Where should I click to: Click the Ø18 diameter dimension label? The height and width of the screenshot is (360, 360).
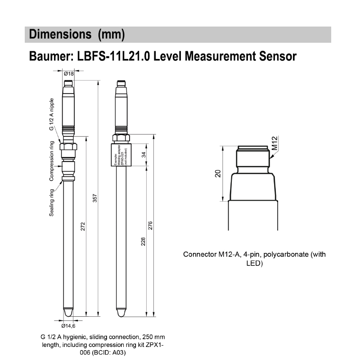point(68,73)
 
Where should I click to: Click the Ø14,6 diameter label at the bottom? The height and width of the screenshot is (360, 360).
point(67,326)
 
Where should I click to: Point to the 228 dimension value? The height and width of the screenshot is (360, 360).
point(143,242)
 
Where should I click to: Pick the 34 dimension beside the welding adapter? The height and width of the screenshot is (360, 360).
point(143,155)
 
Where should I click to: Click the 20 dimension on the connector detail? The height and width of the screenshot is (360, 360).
point(218,174)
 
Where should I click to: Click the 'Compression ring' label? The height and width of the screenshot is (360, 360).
point(52,161)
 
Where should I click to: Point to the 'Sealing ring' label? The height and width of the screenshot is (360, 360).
point(52,203)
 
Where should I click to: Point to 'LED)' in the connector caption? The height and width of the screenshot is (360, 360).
point(254,263)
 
